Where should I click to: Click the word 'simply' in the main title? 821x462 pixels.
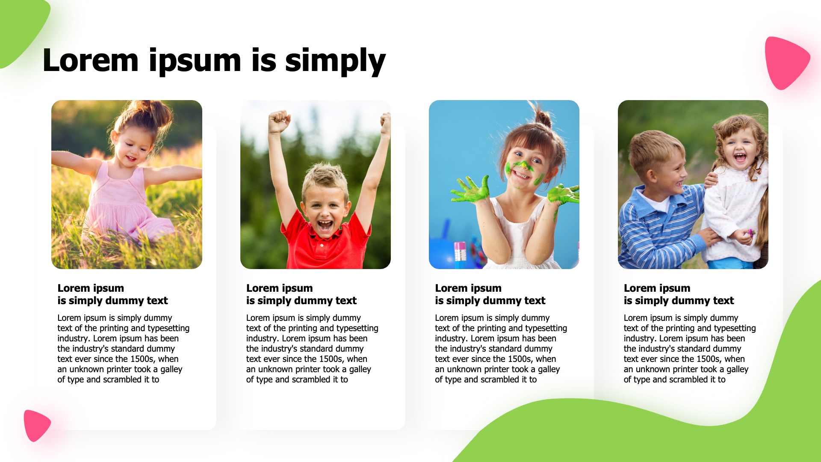pos(335,62)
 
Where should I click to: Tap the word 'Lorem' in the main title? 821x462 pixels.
pos(91,60)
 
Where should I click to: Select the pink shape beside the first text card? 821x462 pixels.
pos(37,425)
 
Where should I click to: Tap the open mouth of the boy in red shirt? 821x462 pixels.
pos(325,225)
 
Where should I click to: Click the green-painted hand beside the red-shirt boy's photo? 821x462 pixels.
pos(471,190)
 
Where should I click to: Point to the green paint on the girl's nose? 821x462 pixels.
pos(523,165)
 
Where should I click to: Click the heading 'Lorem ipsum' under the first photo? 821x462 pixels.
pos(91,288)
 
